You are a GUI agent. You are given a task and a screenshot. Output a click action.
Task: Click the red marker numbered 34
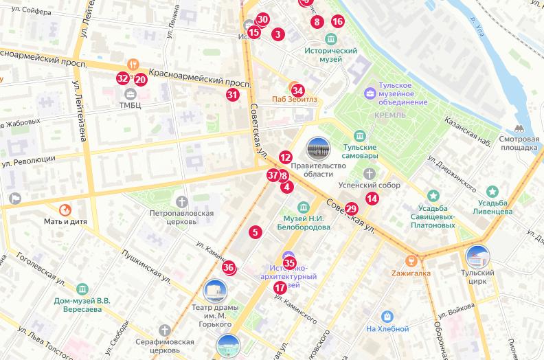pos(297,90)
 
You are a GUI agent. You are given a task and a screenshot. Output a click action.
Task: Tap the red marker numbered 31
pos(233,95)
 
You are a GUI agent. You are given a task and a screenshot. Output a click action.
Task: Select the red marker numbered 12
pos(286,157)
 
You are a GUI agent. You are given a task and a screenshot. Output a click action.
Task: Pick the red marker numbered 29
pos(352,209)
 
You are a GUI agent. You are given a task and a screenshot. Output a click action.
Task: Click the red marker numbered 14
pos(372,199)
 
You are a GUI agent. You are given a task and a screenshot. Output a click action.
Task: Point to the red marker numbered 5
pos(256,232)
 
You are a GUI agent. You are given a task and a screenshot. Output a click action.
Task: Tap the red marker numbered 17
pos(280,288)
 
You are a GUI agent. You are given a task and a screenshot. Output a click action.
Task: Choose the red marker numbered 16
pos(337,21)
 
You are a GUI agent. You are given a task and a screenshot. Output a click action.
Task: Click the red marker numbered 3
pos(277,34)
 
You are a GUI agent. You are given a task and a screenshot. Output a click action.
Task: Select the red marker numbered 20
pos(140,79)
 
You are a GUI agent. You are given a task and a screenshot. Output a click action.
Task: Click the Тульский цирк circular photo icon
pos(477,257)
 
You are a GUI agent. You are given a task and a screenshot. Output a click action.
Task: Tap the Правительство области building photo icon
pos(318,148)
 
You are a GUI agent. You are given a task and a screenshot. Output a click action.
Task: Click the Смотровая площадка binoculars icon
pos(519,128)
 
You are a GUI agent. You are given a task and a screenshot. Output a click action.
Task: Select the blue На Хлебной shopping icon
pos(388,317)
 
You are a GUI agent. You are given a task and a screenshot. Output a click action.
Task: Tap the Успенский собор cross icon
pos(370,173)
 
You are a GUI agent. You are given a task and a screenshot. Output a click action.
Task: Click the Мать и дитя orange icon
pos(65,209)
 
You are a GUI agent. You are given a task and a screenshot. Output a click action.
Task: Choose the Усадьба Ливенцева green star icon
pos(492,192)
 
